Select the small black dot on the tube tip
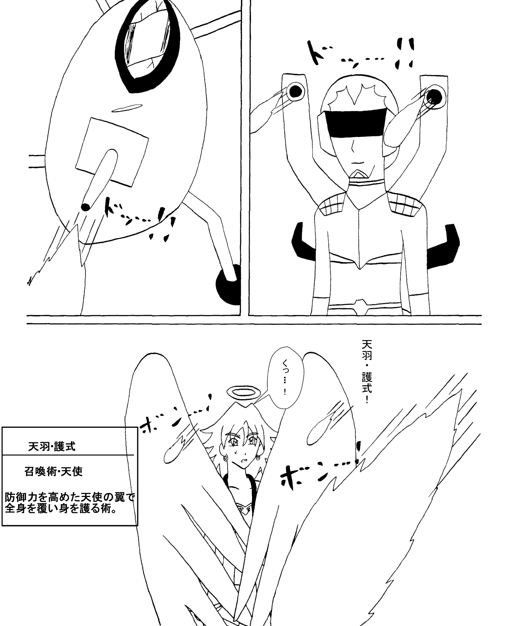point(86,207)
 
